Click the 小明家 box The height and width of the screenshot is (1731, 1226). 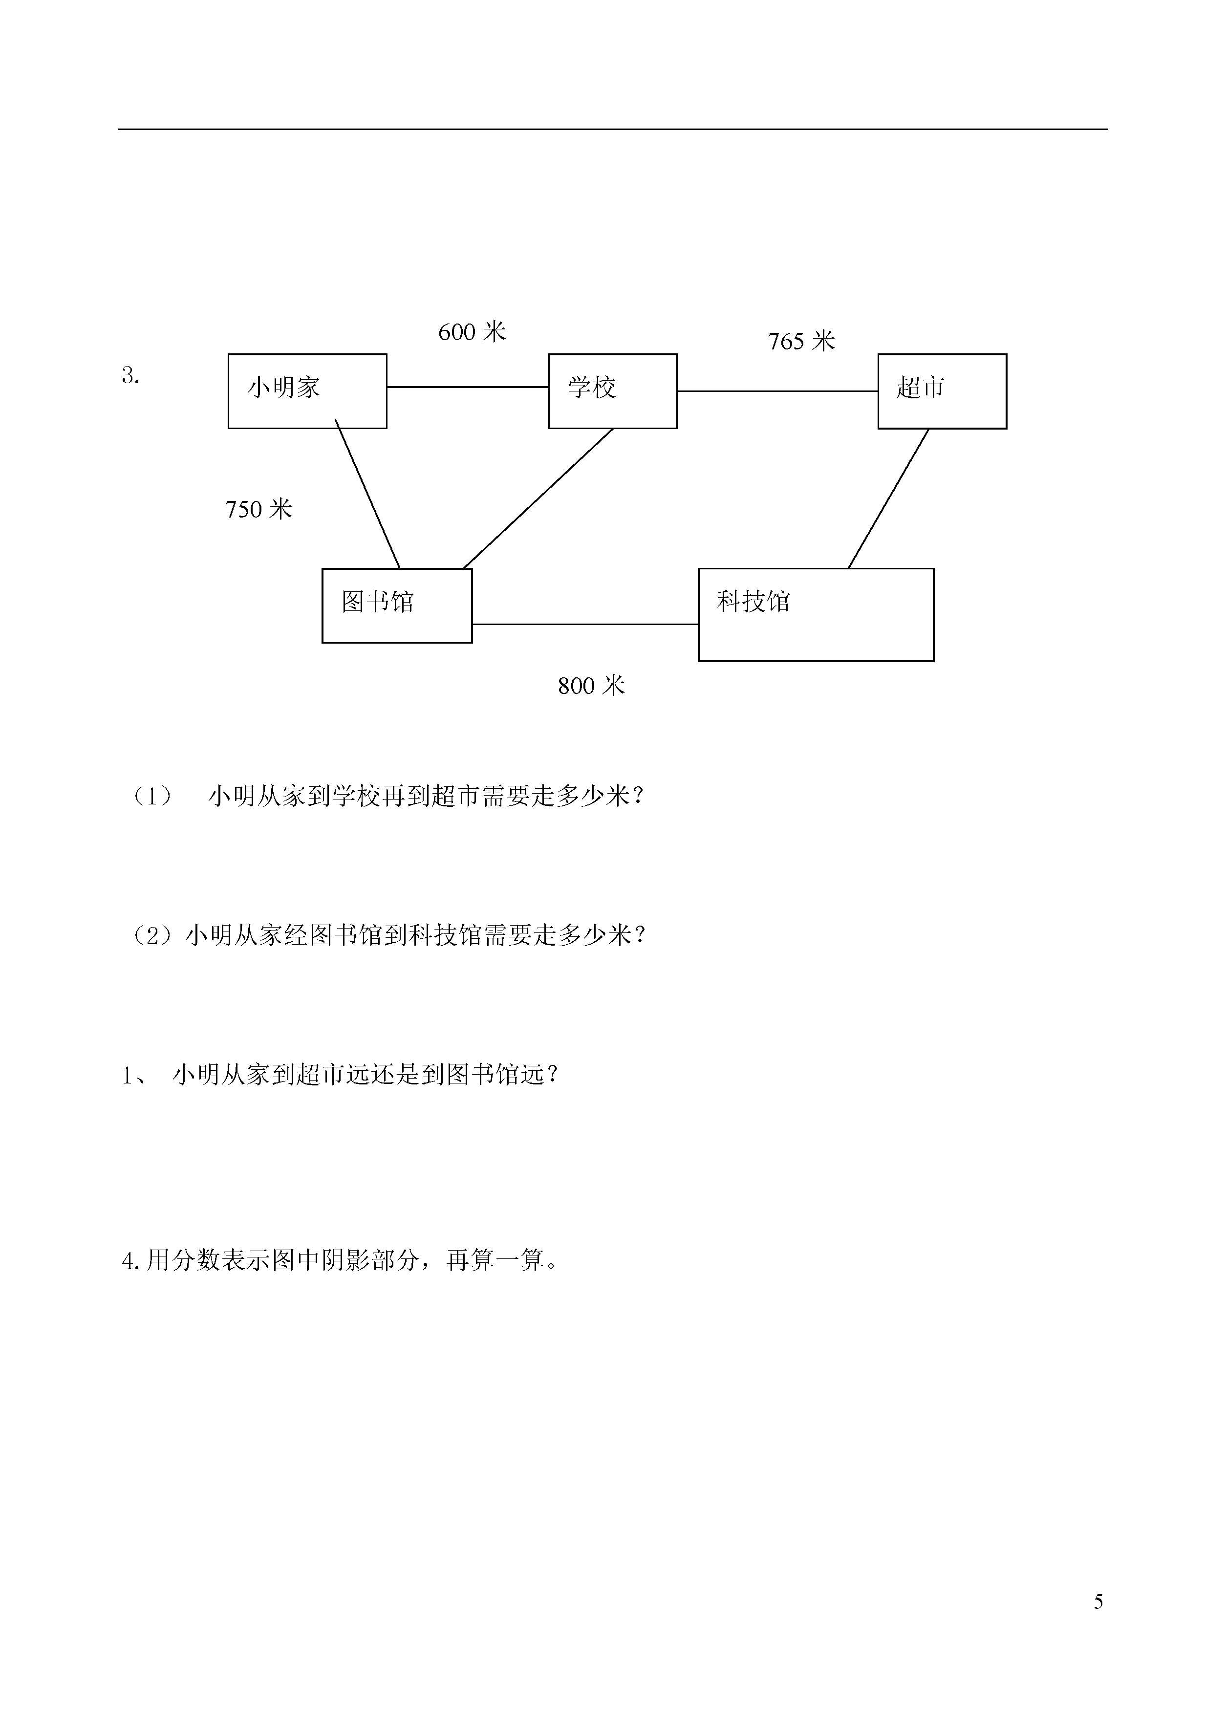point(307,391)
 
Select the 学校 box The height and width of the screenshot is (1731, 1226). point(613,391)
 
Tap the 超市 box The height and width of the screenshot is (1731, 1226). point(942,391)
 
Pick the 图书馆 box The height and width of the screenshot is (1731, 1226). point(397,606)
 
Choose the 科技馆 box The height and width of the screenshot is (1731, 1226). point(816,614)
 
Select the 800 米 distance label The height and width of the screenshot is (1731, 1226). point(592,686)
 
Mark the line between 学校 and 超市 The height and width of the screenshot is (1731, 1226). point(777,391)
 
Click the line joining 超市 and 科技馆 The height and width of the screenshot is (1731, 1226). point(888,498)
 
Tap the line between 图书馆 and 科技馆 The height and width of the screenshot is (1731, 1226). point(585,624)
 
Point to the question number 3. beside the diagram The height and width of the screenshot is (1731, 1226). point(130,375)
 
